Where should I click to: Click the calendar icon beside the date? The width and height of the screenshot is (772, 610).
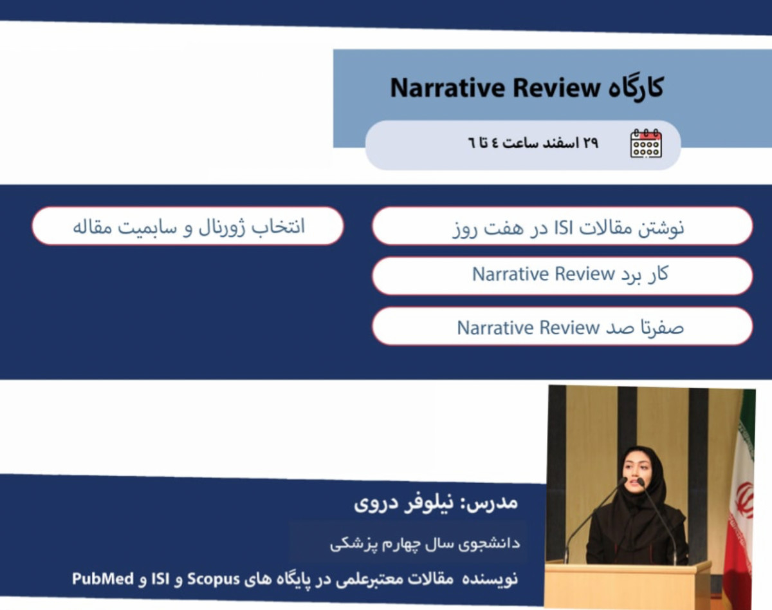[x=646, y=143]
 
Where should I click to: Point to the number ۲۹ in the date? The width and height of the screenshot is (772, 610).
[x=590, y=143]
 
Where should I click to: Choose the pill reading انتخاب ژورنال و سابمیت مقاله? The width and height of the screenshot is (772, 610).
[x=188, y=226]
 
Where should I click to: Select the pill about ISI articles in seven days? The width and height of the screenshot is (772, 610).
[x=562, y=226]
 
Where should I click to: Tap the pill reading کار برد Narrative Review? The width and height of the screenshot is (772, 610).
[x=562, y=276]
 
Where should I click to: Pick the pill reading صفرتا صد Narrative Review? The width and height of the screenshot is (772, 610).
[x=562, y=327]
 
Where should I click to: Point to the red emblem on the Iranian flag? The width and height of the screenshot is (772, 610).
[x=744, y=500]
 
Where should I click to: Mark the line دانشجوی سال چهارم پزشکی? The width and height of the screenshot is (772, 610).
[x=425, y=543]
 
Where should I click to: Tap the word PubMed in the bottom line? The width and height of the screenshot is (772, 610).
[x=103, y=578]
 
